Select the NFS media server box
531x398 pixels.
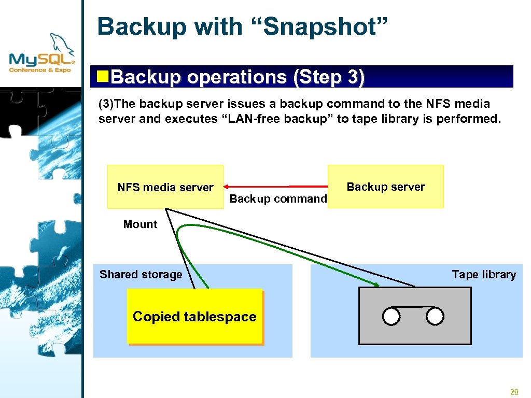point(165,187)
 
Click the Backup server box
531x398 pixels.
point(385,187)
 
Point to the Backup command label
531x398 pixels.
point(278,198)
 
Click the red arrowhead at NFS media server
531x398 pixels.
point(227,187)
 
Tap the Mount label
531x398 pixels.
point(140,224)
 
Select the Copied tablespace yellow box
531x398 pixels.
point(194,316)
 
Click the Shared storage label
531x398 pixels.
point(141,275)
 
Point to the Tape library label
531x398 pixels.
point(483,275)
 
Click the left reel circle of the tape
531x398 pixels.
point(392,316)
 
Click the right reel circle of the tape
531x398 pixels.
point(436,316)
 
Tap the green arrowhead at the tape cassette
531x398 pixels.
point(376,283)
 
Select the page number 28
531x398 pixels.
point(514,392)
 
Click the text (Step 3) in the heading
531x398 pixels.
point(329,77)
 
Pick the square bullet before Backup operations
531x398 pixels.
point(104,77)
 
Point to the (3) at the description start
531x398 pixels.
point(105,104)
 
